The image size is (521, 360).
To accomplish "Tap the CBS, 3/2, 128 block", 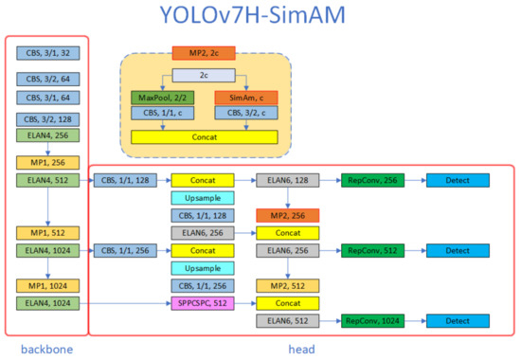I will [46, 119].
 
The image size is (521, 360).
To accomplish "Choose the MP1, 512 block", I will [46, 232].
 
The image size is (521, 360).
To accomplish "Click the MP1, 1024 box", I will [46, 285].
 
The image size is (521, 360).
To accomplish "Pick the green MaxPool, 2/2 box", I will [163, 98].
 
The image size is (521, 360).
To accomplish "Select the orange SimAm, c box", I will [245, 98].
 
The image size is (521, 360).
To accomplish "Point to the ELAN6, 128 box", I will [287, 180].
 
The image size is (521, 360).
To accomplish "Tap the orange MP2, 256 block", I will [287, 215].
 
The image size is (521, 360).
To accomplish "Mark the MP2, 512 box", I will [287, 285].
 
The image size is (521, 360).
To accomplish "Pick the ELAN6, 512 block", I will [287, 321].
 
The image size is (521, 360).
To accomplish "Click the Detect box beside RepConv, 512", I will [458, 251].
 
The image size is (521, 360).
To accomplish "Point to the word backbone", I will [46, 349].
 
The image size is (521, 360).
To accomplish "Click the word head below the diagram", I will [301, 349].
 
